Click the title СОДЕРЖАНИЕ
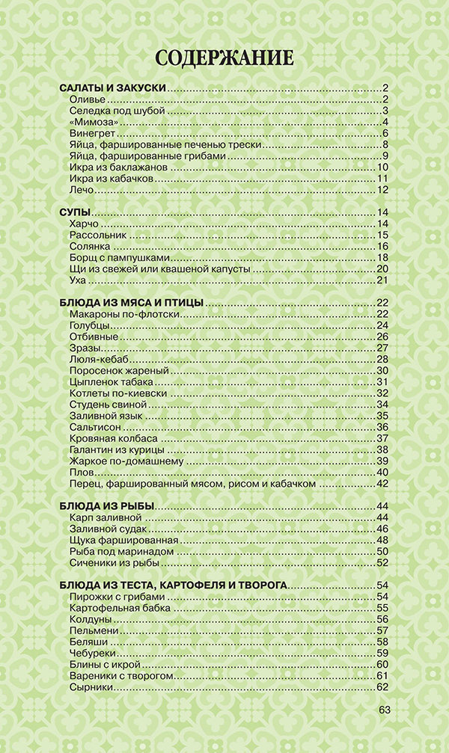[x=224, y=58]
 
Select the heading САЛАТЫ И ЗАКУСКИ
[x=112, y=88]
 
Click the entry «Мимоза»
[x=91, y=123]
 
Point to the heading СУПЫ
[x=75, y=212]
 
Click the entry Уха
[x=77, y=280]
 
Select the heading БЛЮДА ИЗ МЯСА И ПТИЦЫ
[x=131, y=302]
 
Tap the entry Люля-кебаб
[x=94, y=359]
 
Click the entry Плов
[x=81, y=472]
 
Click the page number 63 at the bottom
[x=385, y=710]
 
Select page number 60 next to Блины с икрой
[x=381, y=664]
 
